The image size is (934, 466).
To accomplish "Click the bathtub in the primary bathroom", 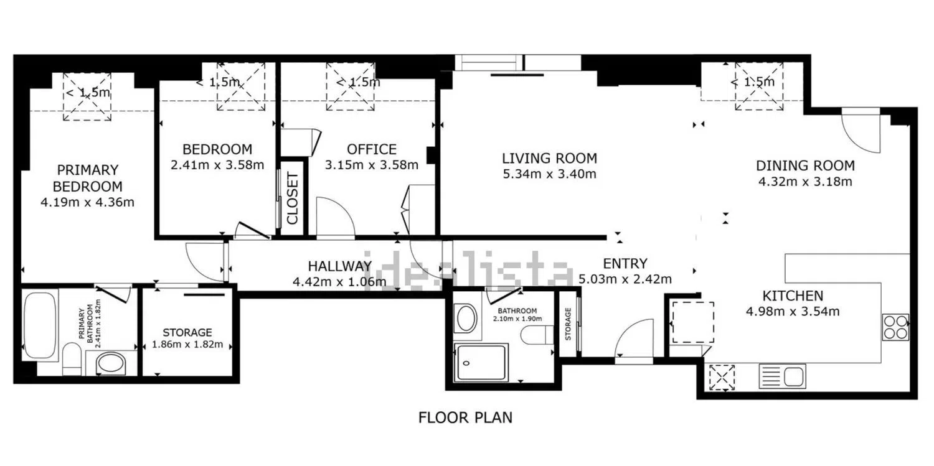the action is (x=40, y=325).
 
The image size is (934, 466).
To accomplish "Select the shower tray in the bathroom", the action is (x=481, y=362).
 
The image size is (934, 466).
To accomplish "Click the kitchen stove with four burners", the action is (x=895, y=327).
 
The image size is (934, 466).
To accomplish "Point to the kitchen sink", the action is (x=782, y=376).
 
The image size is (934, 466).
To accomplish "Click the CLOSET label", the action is (x=293, y=198).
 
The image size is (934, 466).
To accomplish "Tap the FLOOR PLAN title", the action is (x=465, y=417).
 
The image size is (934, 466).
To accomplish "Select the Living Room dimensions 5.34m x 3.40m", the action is (x=550, y=174).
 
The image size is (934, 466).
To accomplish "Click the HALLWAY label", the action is (x=340, y=266).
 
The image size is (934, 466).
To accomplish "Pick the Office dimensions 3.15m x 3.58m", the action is (x=372, y=165).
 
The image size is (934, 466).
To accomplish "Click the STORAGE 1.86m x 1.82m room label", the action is (x=187, y=338).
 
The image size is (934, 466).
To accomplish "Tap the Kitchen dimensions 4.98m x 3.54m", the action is (x=793, y=312).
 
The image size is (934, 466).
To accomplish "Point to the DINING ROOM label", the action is (x=805, y=165).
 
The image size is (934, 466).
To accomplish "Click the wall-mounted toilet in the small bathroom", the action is (x=537, y=335).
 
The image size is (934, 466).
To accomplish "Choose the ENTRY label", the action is (x=625, y=264).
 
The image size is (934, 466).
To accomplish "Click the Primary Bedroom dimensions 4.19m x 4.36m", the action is (x=88, y=202).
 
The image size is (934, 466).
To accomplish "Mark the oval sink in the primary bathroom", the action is (x=110, y=363).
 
